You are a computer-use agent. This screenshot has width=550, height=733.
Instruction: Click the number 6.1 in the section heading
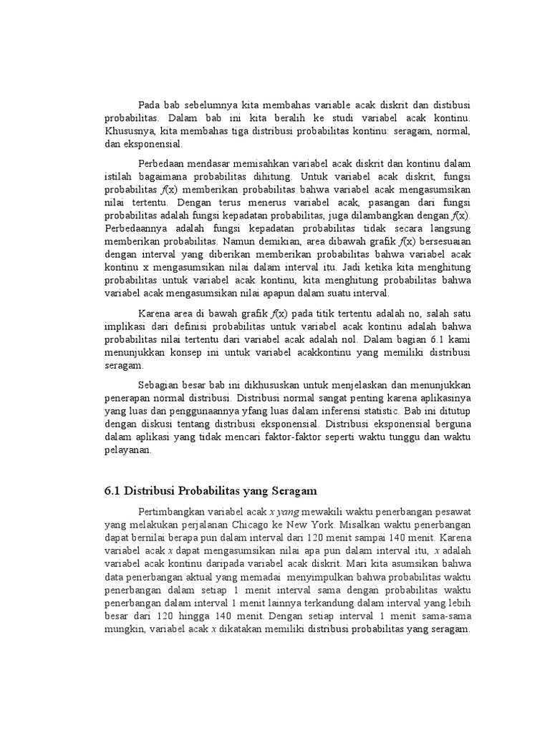pyautogui.click(x=110, y=491)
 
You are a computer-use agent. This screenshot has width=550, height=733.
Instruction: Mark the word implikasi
pyautogui.click(x=117, y=326)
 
